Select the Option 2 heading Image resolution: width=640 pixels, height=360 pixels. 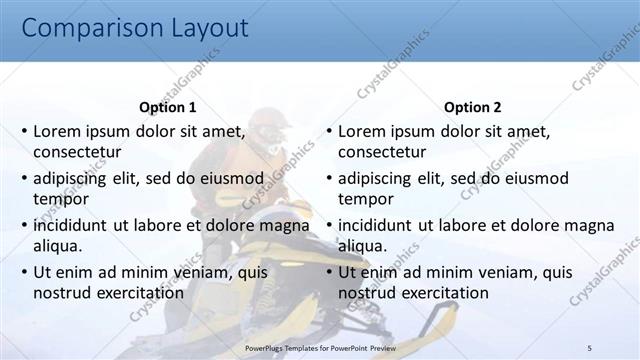coord(473,107)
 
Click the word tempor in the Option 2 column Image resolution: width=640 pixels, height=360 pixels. coord(365,198)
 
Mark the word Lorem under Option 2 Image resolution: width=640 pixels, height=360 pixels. coord(362,131)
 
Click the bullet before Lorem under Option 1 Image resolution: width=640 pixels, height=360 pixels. coord(24,132)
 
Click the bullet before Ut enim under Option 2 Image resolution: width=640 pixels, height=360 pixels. coord(329,272)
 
